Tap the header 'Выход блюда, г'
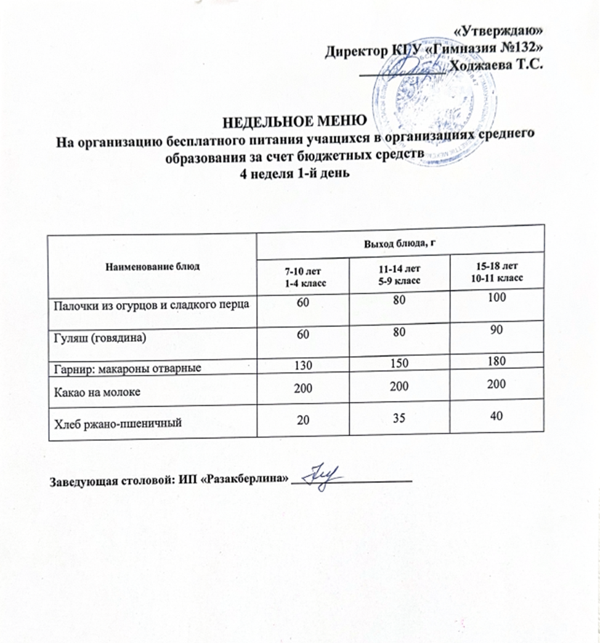(401, 243)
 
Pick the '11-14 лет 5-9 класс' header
(400, 276)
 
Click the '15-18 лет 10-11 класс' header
(497, 274)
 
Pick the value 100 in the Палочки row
(497, 298)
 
